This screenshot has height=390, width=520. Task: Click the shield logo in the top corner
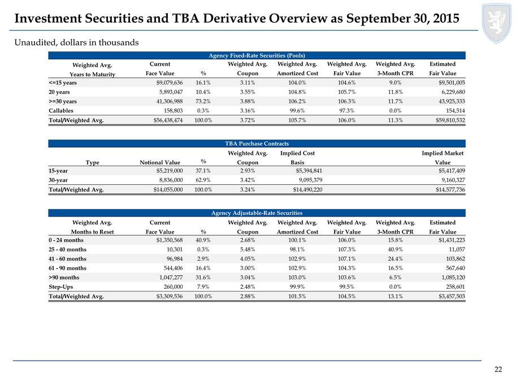pyautogui.click(x=496, y=23)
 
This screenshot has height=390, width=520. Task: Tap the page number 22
pyautogui.click(x=498, y=370)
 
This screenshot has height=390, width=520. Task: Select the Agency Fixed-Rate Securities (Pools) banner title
pyautogui.click(x=257, y=55)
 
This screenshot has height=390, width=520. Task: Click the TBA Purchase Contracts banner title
pyautogui.click(x=257, y=144)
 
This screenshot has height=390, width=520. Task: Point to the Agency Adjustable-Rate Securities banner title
pyautogui.click(x=257, y=213)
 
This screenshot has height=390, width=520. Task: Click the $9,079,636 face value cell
pyautogui.click(x=169, y=83)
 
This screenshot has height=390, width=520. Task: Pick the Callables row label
pyautogui.click(x=61, y=111)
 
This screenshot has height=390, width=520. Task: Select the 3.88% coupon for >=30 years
pyautogui.click(x=248, y=102)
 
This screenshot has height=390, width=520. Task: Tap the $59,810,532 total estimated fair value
pyautogui.click(x=450, y=120)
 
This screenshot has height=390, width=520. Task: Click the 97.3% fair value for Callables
pyautogui.click(x=346, y=111)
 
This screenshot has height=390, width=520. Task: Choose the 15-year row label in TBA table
pyautogui.click(x=58, y=171)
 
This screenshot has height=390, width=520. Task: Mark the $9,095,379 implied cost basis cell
pyautogui.click(x=310, y=180)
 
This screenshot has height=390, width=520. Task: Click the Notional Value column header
pyautogui.click(x=160, y=163)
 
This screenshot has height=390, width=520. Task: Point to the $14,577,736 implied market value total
pyautogui.click(x=450, y=190)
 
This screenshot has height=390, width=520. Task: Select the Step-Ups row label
pyautogui.click(x=60, y=287)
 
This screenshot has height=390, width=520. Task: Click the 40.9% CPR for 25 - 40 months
pyautogui.click(x=395, y=249)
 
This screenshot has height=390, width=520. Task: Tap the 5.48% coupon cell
pyautogui.click(x=248, y=249)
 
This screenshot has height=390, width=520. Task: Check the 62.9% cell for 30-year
pyautogui.click(x=203, y=180)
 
